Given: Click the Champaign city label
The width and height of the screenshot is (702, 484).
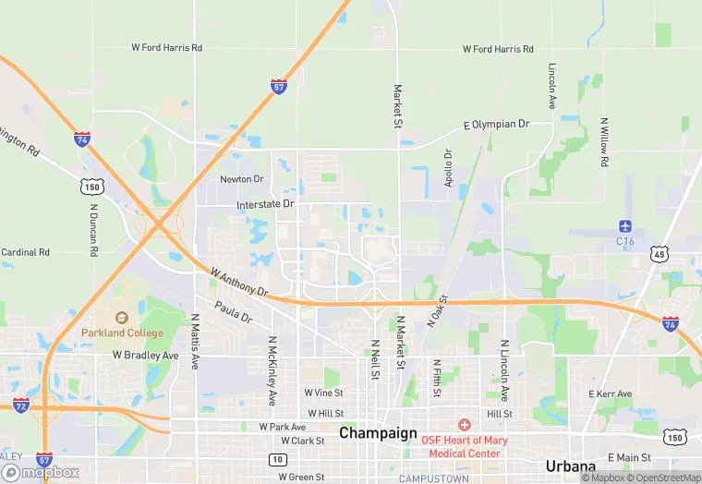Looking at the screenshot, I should (x=378, y=432).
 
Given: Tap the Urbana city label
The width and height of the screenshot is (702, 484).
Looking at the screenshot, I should (x=570, y=466).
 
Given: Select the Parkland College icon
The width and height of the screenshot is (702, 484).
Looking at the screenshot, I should (x=121, y=318).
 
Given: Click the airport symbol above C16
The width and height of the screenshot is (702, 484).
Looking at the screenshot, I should (x=625, y=226).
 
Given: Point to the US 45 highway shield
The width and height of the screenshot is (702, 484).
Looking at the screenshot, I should (x=659, y=253).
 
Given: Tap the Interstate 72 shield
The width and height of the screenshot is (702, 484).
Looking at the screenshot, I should (x=20, y=405).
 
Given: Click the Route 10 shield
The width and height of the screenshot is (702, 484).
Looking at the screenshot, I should (x=277, y=459).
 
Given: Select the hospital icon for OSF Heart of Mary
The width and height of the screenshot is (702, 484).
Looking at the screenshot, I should (x=464, y=425).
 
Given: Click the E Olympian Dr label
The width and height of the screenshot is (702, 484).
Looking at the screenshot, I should (x=496, y=124).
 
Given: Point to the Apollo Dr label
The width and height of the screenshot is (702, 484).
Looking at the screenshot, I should (x=448, y=168).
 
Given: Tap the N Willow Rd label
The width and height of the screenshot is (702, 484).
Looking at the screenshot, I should (x=604, y=141).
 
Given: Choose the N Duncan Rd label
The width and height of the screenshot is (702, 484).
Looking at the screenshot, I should (x=93, y=223).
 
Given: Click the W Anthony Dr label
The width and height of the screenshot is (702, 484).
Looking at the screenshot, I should (x=238, y=282).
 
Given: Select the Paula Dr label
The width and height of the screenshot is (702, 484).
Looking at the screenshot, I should (x=233, y=311).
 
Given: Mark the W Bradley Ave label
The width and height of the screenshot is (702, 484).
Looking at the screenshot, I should (x=145, y=355).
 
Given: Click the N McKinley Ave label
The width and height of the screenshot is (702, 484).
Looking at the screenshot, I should (x=272, y=370).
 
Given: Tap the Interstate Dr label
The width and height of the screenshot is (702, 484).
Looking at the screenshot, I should (x=265, y=203).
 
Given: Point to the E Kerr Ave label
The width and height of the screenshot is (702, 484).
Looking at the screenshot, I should (x=610, y=394).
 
